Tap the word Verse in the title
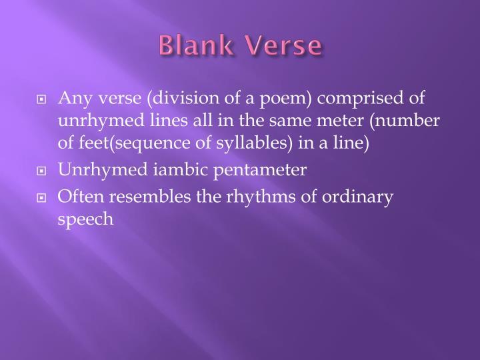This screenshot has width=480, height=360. [x=285, y=47]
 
